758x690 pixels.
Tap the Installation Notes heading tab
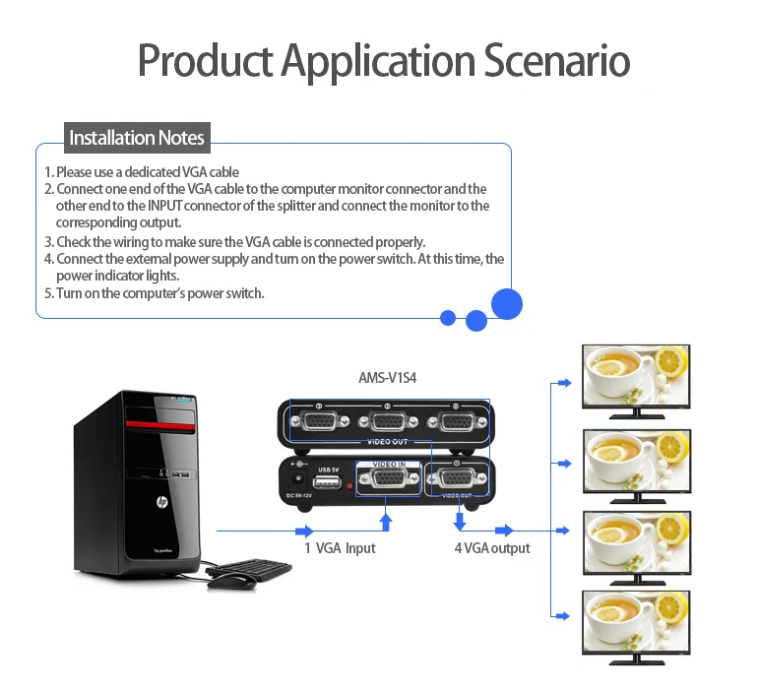pyautogui.click(x=137, y=138)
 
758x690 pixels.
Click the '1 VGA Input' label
pyautogui.click(x=340, y=547)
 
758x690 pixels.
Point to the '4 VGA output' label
pyautogui.click(x=491, y=547)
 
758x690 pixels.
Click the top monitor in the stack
pyautogui.click(x=635, y=378)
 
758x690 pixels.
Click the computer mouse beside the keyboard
pyautogui.click(x=230, y=581)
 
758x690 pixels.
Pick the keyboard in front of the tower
pyautogui.click(x=251, y=567)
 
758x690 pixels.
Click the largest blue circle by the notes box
pyautogui.click(x=507, y=303)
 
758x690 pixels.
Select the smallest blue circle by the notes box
pyautogui.click(x=448, y=318)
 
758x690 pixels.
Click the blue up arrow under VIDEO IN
pyautogui.click(x=386, y=518)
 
